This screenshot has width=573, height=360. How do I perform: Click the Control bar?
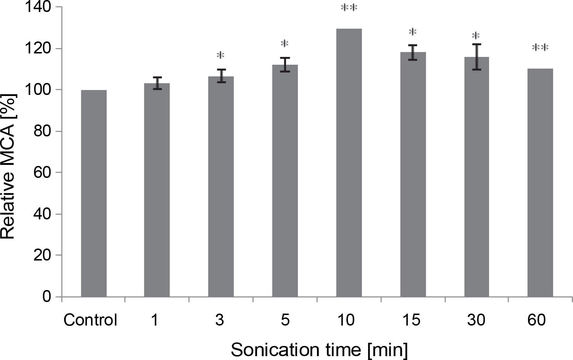[94, 193]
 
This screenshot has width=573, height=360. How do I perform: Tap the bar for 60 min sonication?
[540, 183]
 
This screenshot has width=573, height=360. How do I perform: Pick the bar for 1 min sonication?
[157, 190]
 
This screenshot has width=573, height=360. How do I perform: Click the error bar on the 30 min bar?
[476, 57]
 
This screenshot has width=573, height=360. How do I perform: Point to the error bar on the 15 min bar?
[413, 52]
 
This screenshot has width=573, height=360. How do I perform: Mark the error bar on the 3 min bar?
[221, 76]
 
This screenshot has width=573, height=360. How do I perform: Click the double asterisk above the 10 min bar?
[349, 8]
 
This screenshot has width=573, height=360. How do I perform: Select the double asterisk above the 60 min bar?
[540, 47]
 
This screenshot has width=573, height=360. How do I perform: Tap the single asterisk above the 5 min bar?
[285, 44]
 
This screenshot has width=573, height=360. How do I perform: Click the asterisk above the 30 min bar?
[476, 36]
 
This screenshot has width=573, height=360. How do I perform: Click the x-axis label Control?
[90, 320]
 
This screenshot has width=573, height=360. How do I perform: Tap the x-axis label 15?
[412, 320]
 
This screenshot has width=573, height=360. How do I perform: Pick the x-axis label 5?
[285, 320]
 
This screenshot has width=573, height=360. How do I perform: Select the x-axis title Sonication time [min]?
[320, 349]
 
